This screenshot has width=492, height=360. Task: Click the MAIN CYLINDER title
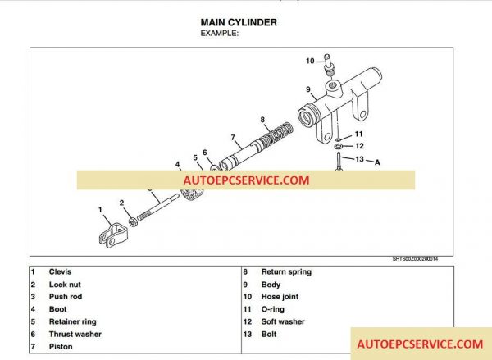[239, 22]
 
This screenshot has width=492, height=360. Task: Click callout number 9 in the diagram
[307, 89]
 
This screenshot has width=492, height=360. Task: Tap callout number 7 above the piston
[233, 137]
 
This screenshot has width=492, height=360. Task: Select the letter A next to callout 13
[378, 162]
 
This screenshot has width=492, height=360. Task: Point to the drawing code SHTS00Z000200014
[438, 259]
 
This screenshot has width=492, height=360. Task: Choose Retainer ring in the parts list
[72, 322]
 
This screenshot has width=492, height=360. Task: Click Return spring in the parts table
[286, 272]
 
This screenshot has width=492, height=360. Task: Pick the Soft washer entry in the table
[283, 322]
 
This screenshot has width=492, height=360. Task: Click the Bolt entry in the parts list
[270, 335]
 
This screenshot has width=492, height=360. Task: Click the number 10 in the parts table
[246, 297]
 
